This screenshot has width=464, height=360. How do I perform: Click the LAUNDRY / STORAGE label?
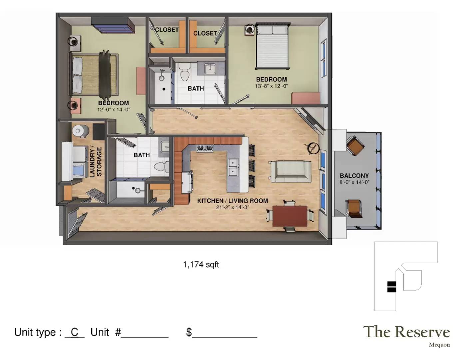pos(96,162)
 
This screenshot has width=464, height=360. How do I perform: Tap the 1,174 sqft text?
pos(201,265)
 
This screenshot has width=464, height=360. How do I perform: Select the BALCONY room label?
pos(354,176)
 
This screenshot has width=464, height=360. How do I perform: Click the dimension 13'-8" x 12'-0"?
pos(271,86)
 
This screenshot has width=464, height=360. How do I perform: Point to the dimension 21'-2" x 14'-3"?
pos(232,207)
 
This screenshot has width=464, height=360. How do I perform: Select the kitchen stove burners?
pos(205,148)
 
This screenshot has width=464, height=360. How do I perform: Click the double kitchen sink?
pos(233,167)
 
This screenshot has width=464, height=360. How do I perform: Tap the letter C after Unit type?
pos(75,332)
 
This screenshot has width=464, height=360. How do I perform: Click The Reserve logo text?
pos(407,332)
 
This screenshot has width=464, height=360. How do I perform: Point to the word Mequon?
pos(439,345)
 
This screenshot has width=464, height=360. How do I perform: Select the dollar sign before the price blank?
pos(189,332)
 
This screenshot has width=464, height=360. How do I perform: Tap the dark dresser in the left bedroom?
pos(113,25)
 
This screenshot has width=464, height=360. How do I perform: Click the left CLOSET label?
pos(167,30)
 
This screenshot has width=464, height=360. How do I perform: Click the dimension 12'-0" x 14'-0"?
pos(114,110)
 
